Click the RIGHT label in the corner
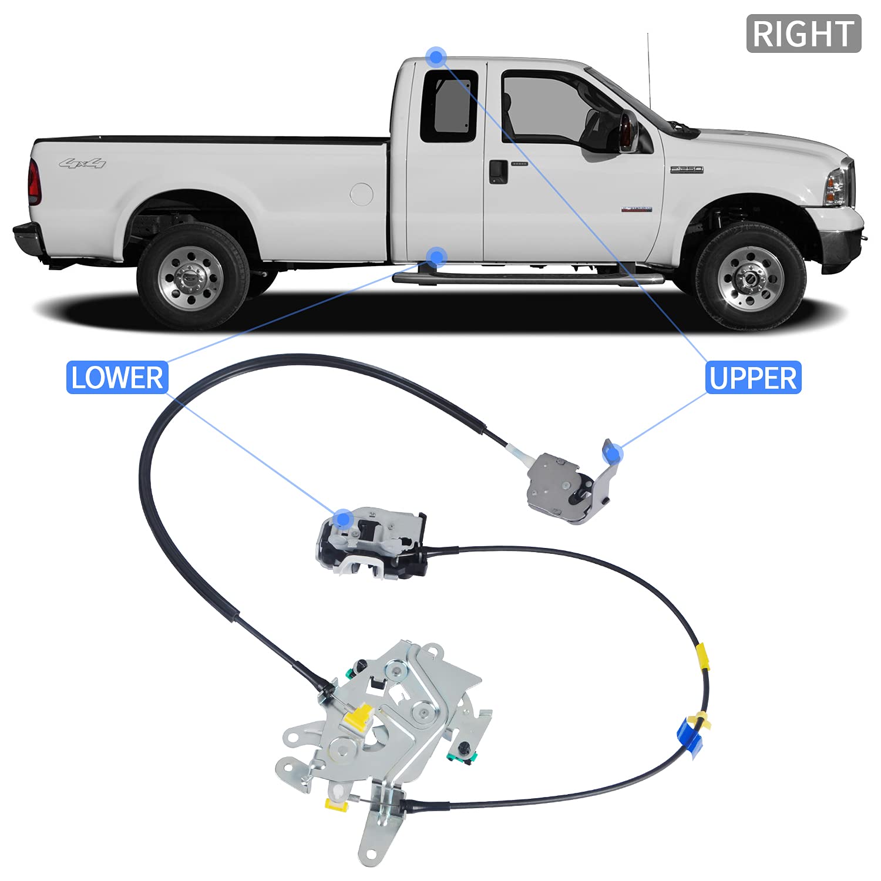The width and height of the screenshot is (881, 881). pyautogui.click(x=803, y=33)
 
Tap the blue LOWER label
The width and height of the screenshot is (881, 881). pyautogui.click(x=117, y=377)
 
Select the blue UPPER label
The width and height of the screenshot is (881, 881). pyautogui.click(x=753, y=378)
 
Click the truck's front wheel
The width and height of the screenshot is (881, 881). pyautogui.click(x=750, y=275)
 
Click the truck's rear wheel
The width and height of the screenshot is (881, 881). pyautogui.click(x=192, y=276)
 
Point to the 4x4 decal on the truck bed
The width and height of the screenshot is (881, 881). pyautogui.click(x=83, y=163)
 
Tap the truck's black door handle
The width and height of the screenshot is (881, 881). pyautogui.click(x=498, y=171)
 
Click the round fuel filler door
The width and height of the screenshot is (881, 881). pyautogui.click(x=361, y=194)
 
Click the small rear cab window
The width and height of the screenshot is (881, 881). pyautogui.click(x=449, y=106)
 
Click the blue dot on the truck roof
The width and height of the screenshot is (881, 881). pyautogui.click(x=436, y=57)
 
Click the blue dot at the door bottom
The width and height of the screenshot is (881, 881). pyautogui.click(x=436, y=257)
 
